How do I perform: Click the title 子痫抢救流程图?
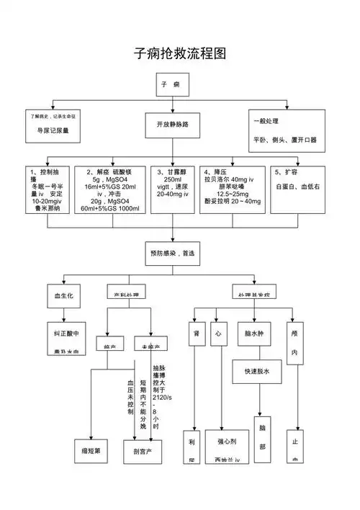181,54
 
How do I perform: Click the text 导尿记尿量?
53,131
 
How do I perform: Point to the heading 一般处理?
266,120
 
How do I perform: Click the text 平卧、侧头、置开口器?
284,139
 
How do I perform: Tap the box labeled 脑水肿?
256,334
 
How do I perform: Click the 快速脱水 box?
256,372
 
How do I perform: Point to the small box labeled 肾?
196,334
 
